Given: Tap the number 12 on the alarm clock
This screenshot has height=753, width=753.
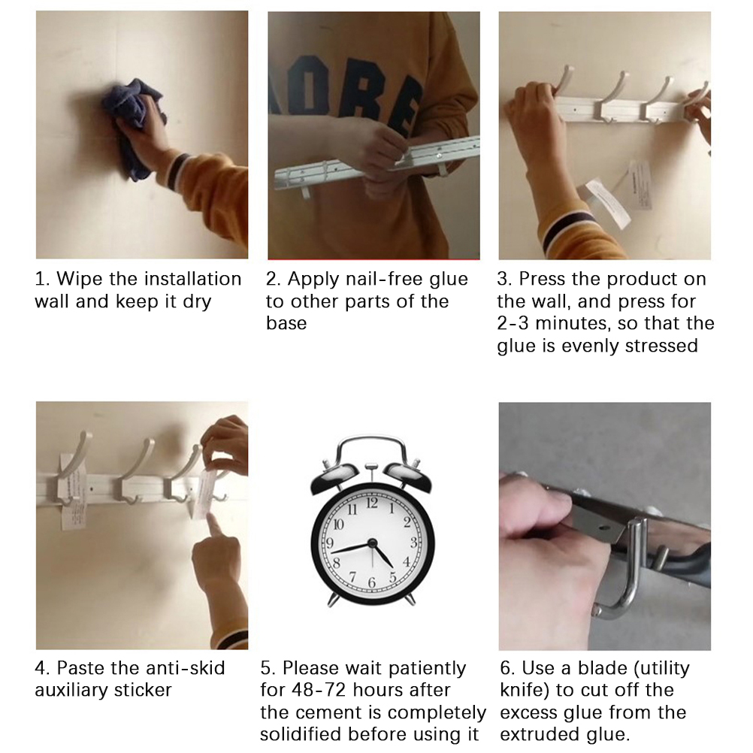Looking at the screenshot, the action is pyautogui.click(x=372, y=503).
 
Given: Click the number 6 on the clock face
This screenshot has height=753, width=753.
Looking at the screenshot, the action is pyautogui.click(x=371, y=582).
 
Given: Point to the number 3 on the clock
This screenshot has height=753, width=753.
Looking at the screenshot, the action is pyautogui.click(x=413, y=543).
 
